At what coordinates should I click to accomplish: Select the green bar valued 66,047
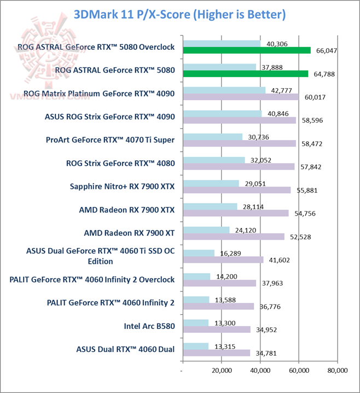pyautogui.click(x=246, y=50)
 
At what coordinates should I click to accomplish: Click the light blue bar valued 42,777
pyautogui.click(x=224, y=90)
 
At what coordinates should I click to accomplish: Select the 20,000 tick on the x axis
pyautogui.click(x=221, y=370)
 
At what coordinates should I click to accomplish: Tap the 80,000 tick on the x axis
pyautogui.click(x=337, y=370)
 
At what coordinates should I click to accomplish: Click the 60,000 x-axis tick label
pyautogui.click(x=298, y=370)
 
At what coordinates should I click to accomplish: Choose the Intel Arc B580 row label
pyautogui.click(x=150, y=325)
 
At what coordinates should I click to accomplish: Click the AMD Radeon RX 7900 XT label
pyautogui.click(x=129, y=233)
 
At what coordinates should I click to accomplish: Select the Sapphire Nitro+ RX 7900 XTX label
pyautogui.click(x=122, y=186)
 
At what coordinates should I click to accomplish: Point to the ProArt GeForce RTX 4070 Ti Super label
pyautogui.click(x=111, y=140)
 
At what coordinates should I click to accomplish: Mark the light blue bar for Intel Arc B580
pyautogui.click(x=195, y=322)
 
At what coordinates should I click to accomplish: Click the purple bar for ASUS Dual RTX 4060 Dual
pyautogui.click(x=216, y=353)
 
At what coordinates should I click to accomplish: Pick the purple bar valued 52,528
pyautogui.click(x=234, y=236)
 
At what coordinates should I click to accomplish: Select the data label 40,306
pyautogui.click(x=278, y=44)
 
